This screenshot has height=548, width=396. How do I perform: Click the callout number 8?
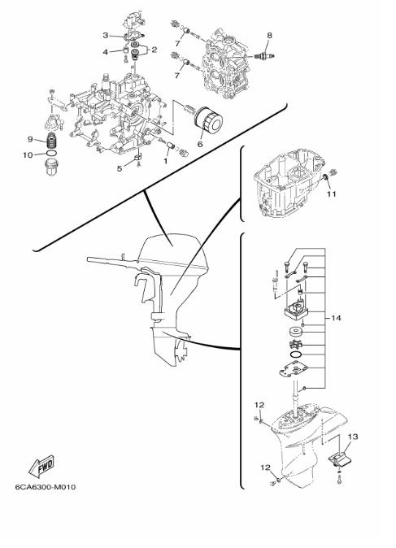[269, 35]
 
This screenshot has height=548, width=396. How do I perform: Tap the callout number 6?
[200, 144]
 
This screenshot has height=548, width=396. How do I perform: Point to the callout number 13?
[353, 437]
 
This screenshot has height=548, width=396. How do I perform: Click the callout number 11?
[331, 194]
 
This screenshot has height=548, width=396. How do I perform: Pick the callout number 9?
[30, 140]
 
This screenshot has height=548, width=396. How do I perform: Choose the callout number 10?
[28, 154]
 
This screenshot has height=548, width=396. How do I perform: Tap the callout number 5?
[120, 168]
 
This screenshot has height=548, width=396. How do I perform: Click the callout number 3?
[106, 35]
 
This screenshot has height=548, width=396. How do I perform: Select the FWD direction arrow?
[41, 467]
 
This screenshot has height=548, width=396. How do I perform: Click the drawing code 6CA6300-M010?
[45, 486]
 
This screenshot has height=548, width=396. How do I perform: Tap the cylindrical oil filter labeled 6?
[209, 121]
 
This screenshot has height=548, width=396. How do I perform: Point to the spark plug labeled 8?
[265, 56]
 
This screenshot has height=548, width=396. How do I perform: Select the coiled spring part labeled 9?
[52, 141]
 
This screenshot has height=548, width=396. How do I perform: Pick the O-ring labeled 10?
[51, 154]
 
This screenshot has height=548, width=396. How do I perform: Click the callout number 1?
[166, 161]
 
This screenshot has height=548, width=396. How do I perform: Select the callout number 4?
[106, 52]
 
